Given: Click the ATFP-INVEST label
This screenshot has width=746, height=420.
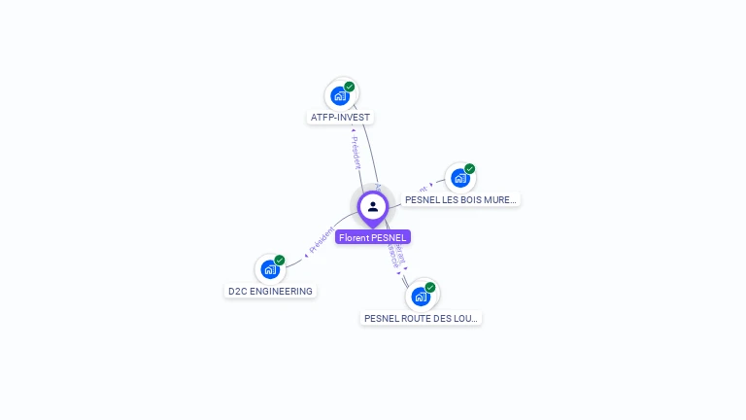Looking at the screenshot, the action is coord(340,118).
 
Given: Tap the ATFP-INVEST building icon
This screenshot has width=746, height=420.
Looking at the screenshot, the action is coord(339,95).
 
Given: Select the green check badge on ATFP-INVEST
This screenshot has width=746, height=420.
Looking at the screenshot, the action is coord(350,87).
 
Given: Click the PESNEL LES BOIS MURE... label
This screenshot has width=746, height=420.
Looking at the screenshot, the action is coord(460,199).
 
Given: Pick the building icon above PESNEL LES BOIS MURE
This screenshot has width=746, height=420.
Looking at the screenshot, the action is coord(459,178).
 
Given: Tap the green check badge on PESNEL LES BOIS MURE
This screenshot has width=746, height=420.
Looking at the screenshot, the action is coord(470,169).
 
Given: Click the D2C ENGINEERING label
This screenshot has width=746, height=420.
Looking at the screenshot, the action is coord(270,291).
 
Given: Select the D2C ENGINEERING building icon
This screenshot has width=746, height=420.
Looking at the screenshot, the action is coord(269,269).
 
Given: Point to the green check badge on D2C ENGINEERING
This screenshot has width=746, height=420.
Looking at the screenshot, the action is coord(280,261).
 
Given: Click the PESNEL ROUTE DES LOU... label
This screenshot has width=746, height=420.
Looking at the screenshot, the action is coord(421,318).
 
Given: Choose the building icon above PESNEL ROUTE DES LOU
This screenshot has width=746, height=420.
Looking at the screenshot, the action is coord(420,296).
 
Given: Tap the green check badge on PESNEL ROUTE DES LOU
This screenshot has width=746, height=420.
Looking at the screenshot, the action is coord(430,287).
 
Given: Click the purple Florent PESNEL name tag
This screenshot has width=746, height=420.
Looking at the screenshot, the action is coord(373,237).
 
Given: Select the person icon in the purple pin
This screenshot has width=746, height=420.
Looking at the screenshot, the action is coord(373,206).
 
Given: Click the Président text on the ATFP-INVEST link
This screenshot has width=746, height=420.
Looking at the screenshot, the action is coord(356,151).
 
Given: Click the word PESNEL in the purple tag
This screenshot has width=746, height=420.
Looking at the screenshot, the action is coord(389,237).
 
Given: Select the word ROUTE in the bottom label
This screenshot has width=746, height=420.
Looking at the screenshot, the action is coord(414,318).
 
